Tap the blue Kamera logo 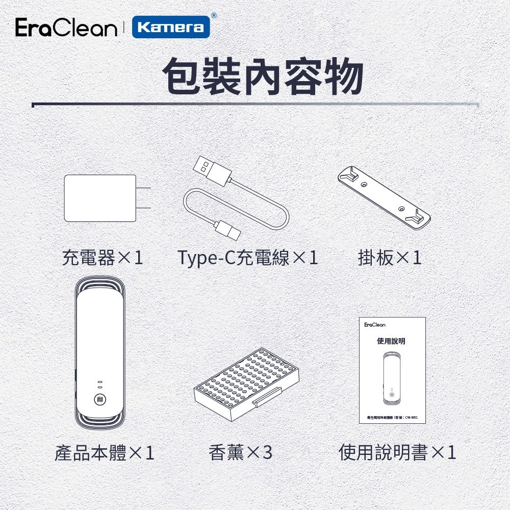[x=171, y=27]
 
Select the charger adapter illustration [x=100, y=198]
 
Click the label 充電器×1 [x=103, y=258]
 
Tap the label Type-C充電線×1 [x=248, y=258]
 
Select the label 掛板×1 [x=390, y=258]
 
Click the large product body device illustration [x=100, y=352]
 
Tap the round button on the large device [x=100, y=400]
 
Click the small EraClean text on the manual [x=375, y=325]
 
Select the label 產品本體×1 [x=105, y=453]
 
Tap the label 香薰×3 [x=241, y=453]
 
